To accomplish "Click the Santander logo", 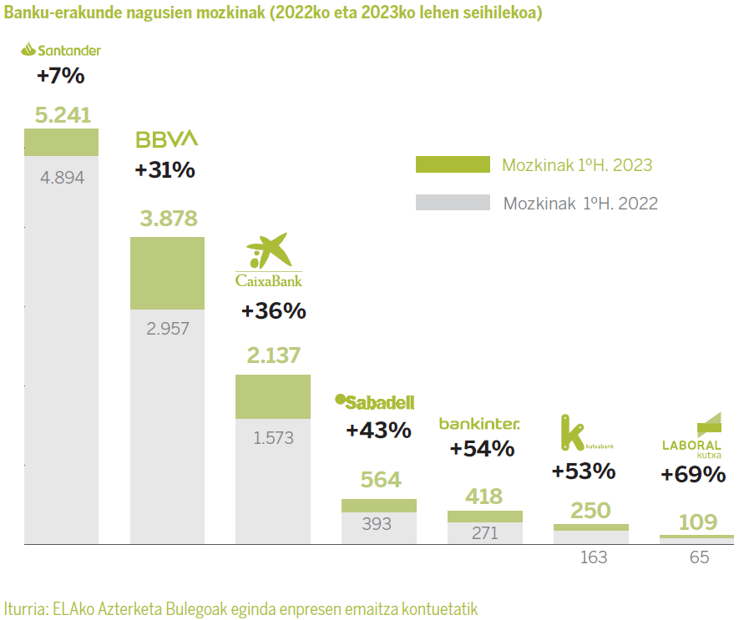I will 60,50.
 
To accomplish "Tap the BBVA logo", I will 167,139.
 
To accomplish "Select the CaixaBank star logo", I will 268,251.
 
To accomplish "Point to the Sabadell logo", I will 374,402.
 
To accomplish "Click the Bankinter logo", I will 479,424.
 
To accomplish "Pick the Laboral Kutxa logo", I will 691,435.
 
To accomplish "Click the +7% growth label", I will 60,76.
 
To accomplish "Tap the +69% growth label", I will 692,475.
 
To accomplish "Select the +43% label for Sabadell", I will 378,431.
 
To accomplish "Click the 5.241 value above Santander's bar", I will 63,115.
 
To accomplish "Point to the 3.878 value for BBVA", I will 169,219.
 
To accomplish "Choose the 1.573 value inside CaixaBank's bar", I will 274,437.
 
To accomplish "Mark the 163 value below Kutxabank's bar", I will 594,557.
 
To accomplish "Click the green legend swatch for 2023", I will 453,164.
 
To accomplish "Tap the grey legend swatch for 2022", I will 453,202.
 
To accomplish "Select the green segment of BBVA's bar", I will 167,274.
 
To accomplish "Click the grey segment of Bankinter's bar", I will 484,533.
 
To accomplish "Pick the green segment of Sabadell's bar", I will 378,505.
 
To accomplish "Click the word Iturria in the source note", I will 25,607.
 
